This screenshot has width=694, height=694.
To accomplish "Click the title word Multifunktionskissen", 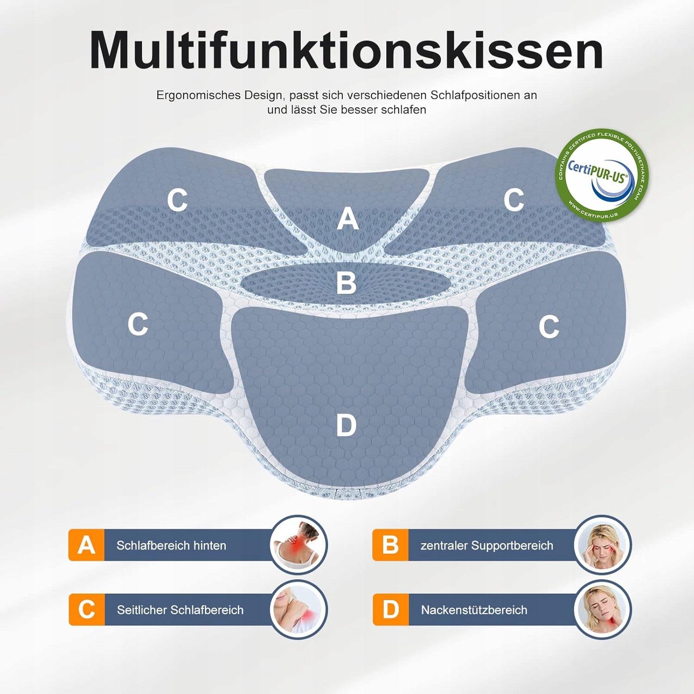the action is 346,50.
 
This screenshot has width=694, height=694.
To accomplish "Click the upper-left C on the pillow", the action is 177,200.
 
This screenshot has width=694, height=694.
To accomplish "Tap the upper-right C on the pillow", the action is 514,200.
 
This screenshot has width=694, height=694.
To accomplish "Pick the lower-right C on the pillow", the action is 549,326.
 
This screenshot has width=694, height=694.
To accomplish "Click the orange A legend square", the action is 87,545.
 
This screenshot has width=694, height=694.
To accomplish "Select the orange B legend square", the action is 390,545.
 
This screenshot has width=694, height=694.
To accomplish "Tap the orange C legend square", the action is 87,609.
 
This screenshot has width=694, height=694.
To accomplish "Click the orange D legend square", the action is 390,609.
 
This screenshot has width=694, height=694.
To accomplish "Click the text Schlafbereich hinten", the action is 171,545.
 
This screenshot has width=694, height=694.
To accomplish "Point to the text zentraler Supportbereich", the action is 487,545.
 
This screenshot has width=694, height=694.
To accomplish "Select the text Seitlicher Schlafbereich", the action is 180,610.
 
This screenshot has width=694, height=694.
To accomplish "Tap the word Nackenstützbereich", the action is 474,610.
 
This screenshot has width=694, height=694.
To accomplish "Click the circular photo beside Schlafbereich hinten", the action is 298,545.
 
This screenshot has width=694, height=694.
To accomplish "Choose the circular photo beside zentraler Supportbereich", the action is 602,545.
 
